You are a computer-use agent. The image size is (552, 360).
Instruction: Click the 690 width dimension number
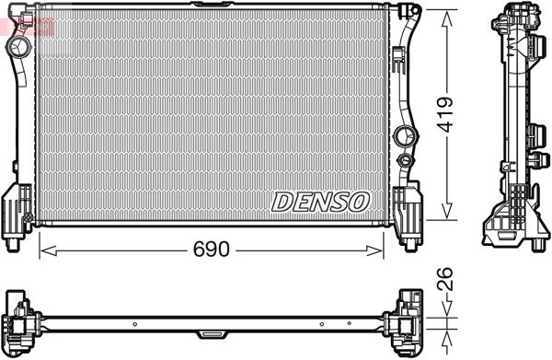pos(212,250)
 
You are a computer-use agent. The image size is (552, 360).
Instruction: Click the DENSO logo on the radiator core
pos(321,200)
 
